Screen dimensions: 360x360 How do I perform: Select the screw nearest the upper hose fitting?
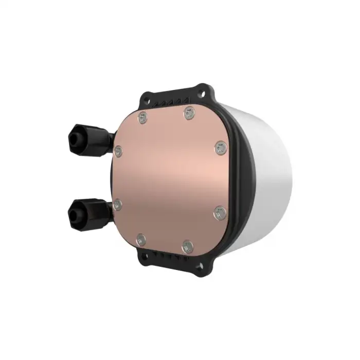tap(118, 151)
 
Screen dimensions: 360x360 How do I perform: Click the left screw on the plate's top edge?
tap(142, 118)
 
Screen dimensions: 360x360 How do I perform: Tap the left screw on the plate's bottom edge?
tap(141, 239)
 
